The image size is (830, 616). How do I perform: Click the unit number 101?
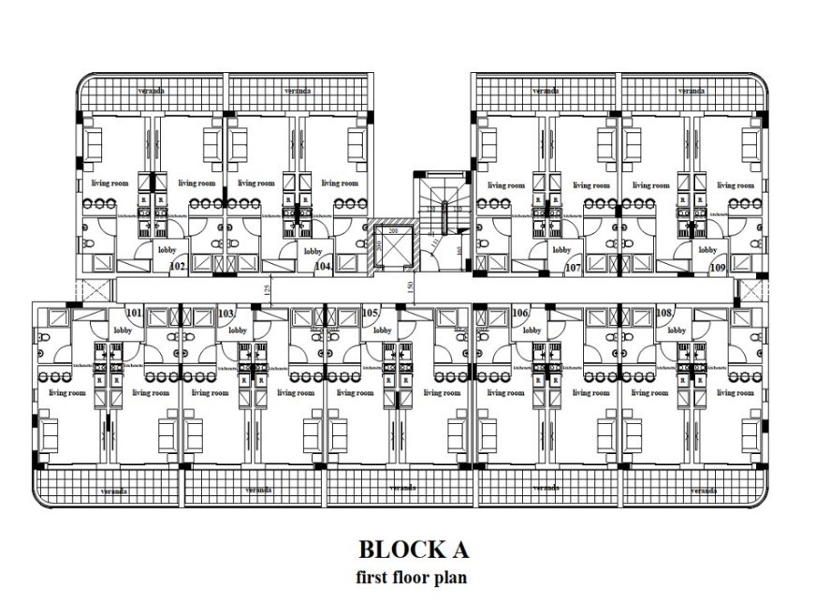[x=134, y=314]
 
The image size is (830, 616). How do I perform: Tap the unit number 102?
[x=178, y=267]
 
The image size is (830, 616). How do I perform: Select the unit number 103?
[x=226, y=314]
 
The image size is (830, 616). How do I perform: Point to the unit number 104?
[x=323, y=267]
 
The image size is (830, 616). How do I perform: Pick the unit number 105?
[x=370, y=314]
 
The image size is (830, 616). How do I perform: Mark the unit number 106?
[x=521, y=314]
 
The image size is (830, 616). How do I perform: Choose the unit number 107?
[x=574, y=268]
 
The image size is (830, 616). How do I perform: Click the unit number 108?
[x=665, y=314]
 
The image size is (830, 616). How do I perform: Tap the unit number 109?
[x=718, y=268]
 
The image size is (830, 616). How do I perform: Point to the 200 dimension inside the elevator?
[x=394, y=230]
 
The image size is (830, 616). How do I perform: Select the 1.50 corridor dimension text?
[x=409, y=286]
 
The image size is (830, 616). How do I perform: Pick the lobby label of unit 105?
[x=381, y=330]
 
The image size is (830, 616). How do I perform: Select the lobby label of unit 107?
[x=561, y=250]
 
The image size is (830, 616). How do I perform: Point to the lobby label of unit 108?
[x=677, y=330]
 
